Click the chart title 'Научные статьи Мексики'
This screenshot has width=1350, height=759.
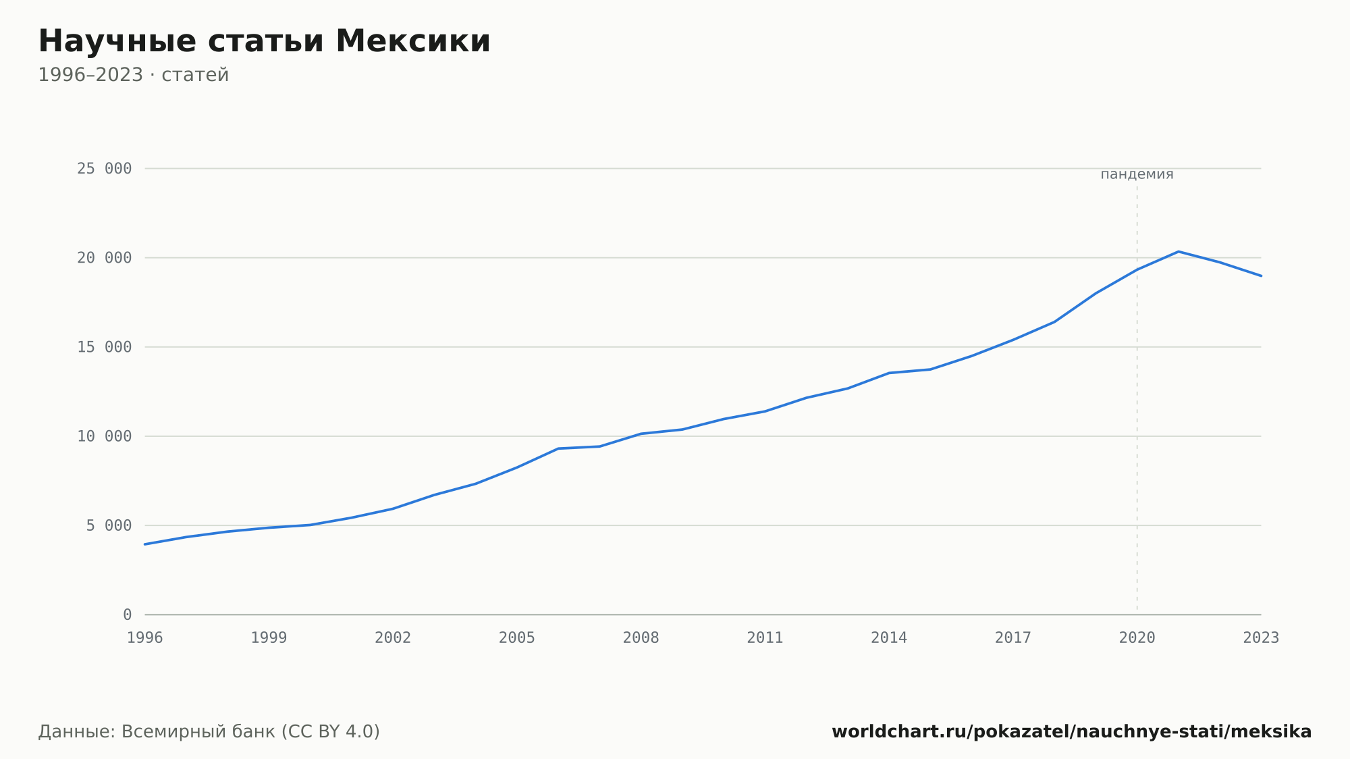pyautogui.click(x=264, y=41)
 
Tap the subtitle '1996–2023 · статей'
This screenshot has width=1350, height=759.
pyautogui.click(x=134, y=75)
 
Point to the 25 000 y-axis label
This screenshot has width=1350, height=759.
pyautogui.click(x=104, y=169)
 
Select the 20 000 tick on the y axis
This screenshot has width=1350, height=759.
pyautogui.click(x=104, y=258)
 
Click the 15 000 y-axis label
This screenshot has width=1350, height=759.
pyautogui.click(x=104, y=347)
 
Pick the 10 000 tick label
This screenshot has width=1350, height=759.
pyautogui.click(x=104, y=436)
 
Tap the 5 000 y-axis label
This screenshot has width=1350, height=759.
pyautogui.click(x=109, y=525)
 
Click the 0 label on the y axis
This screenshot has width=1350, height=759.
pyautogui.click(x=127, y=614)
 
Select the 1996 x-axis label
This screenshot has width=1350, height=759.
pyautogui.click(x=145, y=638)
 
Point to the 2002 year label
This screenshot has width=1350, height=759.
pyautogui.click(x=393, y=638)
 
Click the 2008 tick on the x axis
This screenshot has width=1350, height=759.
pyautogui.click(x=641, y=638)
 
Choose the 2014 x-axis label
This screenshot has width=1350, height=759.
pyautogui.click(x=889, y=638)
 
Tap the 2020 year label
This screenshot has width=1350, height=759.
pyautogui.click(x=1137, y=638)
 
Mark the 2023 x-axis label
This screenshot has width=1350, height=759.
pyautogui.click(x=1261, y=638)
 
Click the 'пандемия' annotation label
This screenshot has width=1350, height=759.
pyautogui.click(x=1137, y=174)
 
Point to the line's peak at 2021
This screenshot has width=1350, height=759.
pyautogui.click(x=1179, y=252)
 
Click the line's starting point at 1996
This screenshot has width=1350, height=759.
pyautogui.click(x=145, y=544)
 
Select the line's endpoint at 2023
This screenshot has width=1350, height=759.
pyautogui.click(x=1261, y=276)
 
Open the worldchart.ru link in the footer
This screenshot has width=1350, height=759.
pyautogui.click(x=1072, y=732)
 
